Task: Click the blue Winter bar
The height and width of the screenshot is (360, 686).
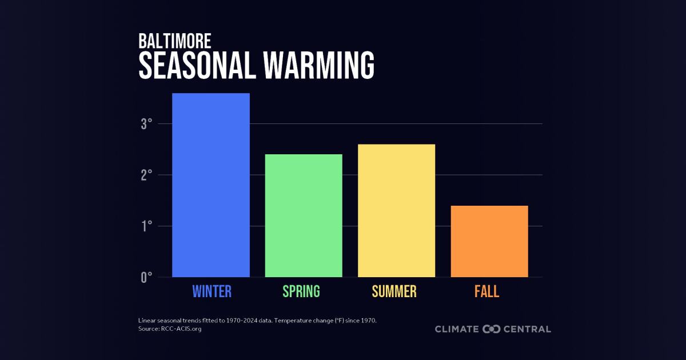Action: coord(211,185)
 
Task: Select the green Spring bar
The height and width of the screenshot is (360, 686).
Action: coord(304,215)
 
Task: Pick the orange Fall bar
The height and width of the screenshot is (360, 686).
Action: coord(489,241)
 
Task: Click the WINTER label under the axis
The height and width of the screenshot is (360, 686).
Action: coord(212,291)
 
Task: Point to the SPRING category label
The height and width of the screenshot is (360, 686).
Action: coord(301,291)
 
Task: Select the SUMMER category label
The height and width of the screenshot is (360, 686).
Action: coord(394,291)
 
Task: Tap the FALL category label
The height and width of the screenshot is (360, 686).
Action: coord(486,291)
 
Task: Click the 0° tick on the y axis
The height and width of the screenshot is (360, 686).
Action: coord(146,278)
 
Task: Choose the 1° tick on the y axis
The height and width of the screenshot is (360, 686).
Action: coord(146,226)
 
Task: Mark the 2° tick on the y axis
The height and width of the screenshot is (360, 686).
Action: coord(146,175)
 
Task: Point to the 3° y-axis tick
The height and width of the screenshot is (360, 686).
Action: coord(146,124)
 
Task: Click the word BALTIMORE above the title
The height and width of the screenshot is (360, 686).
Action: coord(175,41)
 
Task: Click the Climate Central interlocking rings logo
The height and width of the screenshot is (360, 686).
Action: coord(492,329)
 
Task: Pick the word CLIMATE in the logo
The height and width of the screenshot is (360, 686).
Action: coord(457,329)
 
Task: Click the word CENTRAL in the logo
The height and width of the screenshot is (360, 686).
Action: coord(528,329)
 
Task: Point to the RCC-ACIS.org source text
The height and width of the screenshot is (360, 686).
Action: coord(180,329)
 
